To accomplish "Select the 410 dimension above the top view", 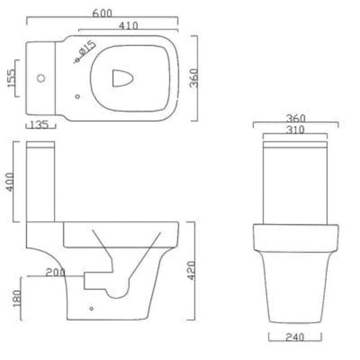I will point(128,25).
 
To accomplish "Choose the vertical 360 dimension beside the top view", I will point(194,77).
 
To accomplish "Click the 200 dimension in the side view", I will point(55,272).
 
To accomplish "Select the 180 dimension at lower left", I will point(16,296).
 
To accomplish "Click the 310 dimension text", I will point(295,130).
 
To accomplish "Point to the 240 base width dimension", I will point(294,338).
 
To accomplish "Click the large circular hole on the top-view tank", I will point(41,78).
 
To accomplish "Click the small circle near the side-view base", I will point(91,309).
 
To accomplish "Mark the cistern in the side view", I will point(40,180).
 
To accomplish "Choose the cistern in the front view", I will point(295,183).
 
